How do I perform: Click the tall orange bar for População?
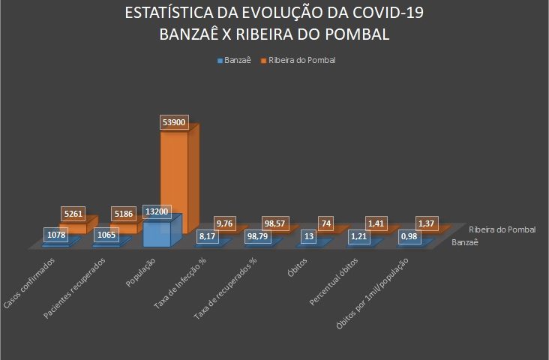pyautogui.click(x=180, y=180)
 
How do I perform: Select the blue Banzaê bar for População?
pyautogui.click(x=160, y=232)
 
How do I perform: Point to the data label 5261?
pyautogui.click(x=74, y=214)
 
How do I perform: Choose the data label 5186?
pyautogui.click(x=124, y=214)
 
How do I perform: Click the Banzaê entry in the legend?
pyautogui.click(x=237, y=60)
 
